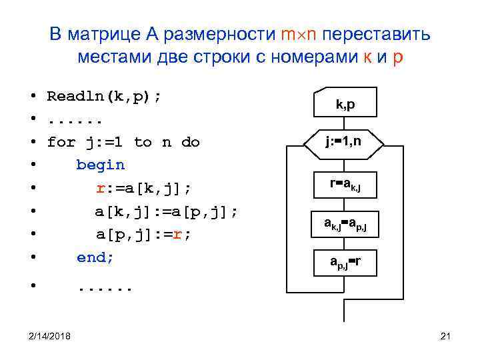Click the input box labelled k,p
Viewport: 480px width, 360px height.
[344, 103]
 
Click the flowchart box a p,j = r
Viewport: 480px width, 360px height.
[344, 261]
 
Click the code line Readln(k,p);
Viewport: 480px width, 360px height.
[103, 96]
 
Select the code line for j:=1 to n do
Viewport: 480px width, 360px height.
[123, 142]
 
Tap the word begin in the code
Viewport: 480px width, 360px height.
[100, 165]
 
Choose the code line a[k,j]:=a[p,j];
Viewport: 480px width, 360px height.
[166, 211]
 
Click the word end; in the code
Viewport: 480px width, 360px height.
[95, 257]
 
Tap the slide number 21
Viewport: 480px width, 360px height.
[446, 334]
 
